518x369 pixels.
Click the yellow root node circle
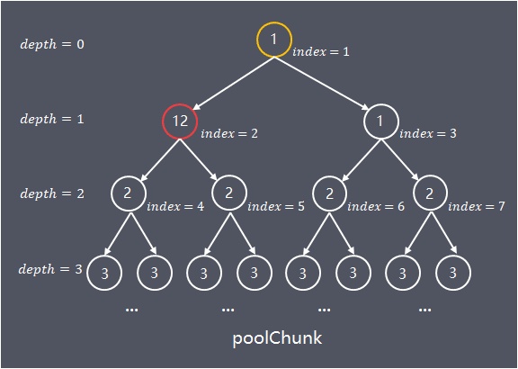[274, 23]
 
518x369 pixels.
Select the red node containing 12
[180, 105]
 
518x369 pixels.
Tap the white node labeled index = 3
[381, 105]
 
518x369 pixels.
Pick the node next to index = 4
[129, 176]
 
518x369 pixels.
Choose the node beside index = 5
[229, 176]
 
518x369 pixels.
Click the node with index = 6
[329, 176]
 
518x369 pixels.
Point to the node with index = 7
[430, 176]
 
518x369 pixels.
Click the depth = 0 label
[52, 44]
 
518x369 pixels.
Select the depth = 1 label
[52, 119]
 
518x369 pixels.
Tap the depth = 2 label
[52, 193]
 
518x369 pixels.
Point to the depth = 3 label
[50, 269]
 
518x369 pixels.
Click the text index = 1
[321, 51]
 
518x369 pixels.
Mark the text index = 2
[229, 133]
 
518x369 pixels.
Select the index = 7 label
[477, 206]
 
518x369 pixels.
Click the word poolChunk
[277, 338]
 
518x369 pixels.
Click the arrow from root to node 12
[233, 83]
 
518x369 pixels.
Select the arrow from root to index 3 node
[321, 83]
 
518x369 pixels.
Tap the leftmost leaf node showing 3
[104, 256]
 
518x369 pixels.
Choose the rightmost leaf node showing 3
[453, 256]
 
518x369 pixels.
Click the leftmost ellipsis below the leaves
[132, 310]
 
